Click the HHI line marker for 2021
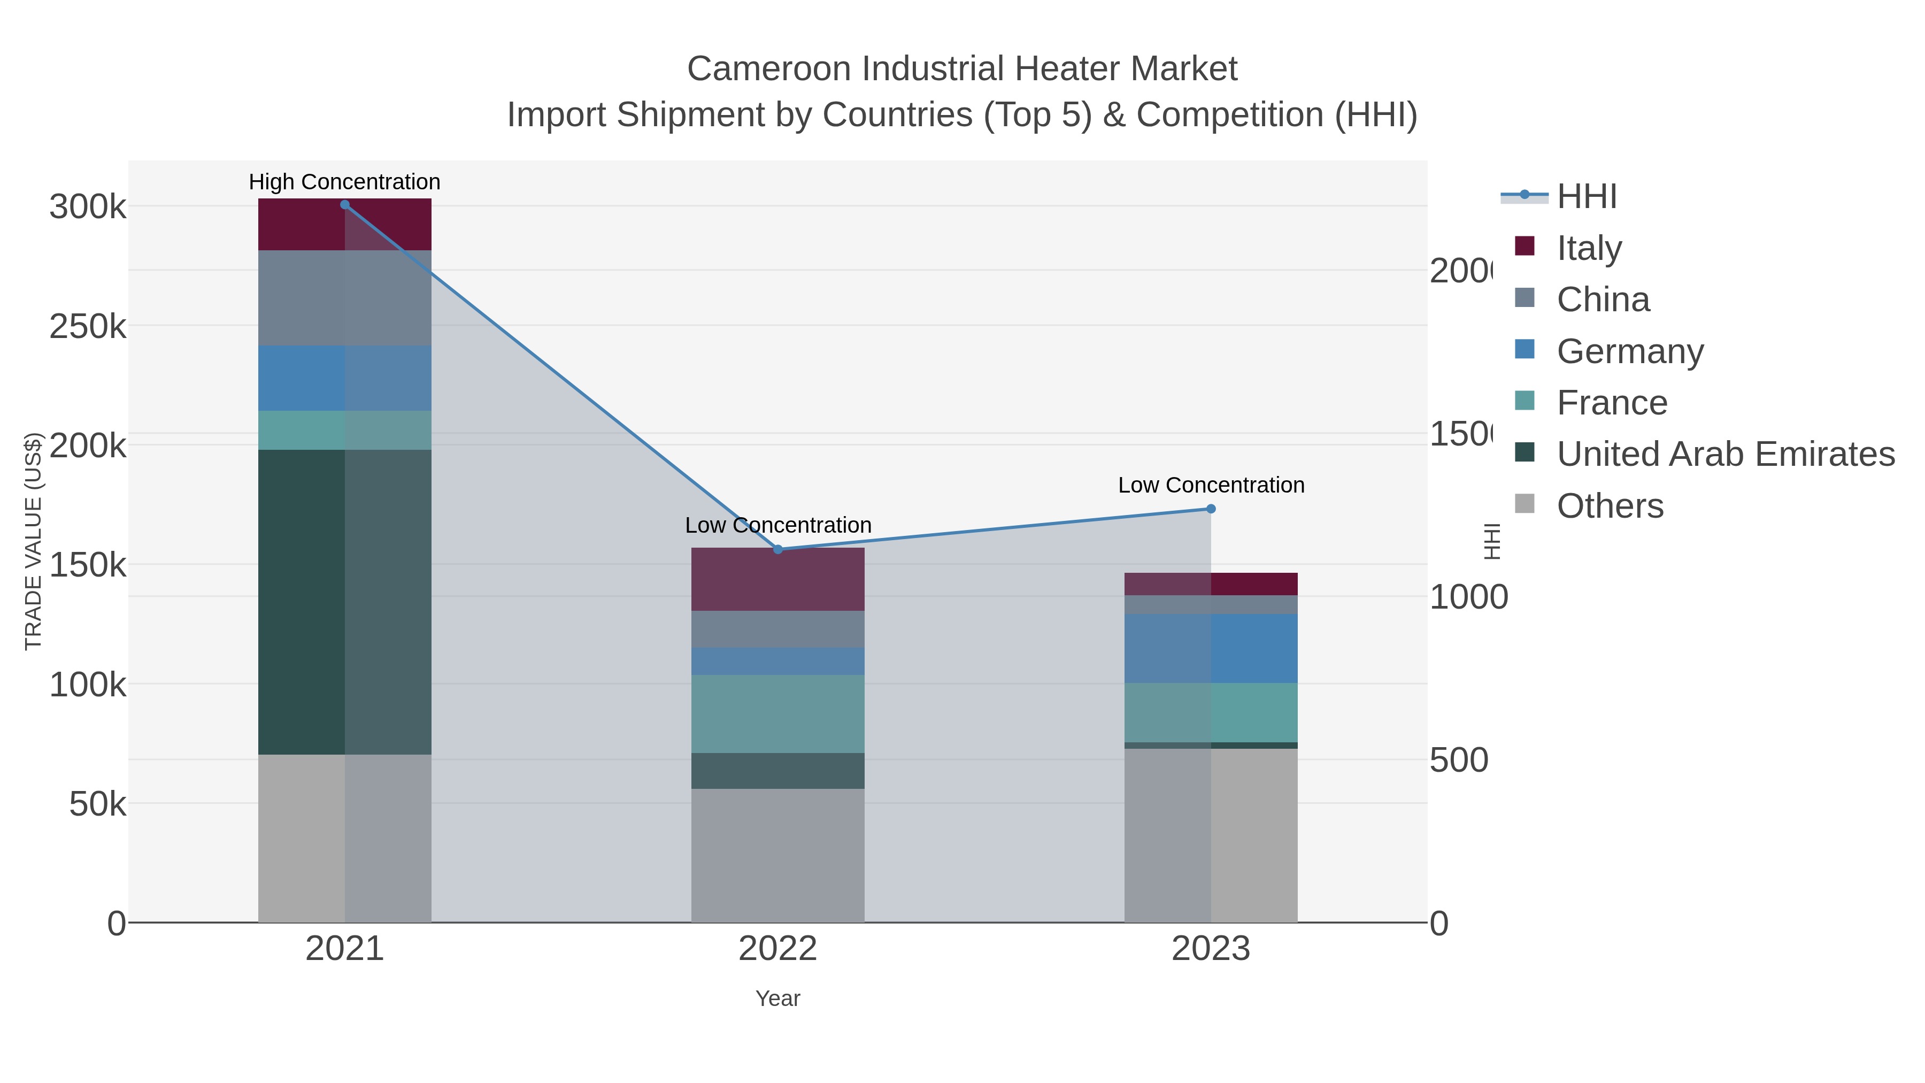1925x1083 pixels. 344,205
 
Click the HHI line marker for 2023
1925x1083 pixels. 1211,509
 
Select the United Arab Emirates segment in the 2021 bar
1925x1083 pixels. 344,602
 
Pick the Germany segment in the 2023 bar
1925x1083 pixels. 1211,648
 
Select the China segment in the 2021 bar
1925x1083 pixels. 344,297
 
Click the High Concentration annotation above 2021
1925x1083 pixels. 344,182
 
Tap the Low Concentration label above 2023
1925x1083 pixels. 1211,485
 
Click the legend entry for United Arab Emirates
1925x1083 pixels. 1726,454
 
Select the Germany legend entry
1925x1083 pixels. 1630,350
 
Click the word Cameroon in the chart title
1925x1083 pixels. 769,69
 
